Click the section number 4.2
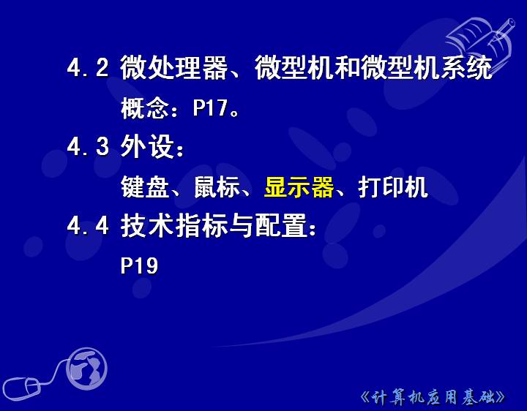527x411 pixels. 88,67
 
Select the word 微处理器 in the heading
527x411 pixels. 174,67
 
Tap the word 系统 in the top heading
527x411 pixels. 467,67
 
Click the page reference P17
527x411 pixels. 210,108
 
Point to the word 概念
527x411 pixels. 145,108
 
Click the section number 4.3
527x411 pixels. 88,147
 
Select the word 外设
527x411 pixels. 147,146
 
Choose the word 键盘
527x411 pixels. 145,186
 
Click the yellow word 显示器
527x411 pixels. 299,186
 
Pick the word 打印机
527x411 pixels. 393,186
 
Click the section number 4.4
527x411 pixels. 88,225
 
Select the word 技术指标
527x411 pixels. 174,225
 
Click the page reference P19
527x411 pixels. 139,265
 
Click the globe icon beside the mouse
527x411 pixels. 86,369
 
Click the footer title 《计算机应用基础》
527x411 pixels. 433,398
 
